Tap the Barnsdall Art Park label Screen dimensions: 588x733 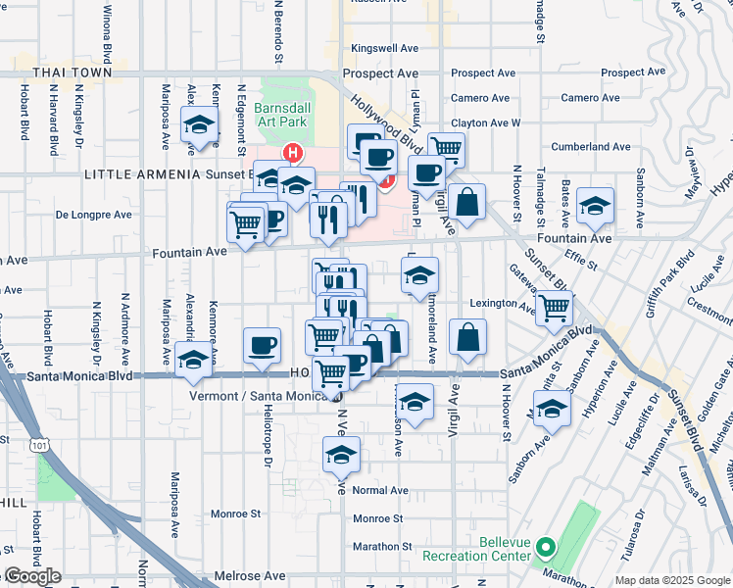[x=280, y=114]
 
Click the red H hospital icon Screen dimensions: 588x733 [x=291, y=153]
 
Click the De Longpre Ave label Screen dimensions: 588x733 [x=93, y=214]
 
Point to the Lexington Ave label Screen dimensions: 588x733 [x=506, y=304]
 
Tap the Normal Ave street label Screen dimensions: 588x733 [x=379, y=490]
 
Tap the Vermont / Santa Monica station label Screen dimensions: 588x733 [x=264, y=395]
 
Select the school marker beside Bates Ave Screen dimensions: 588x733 [x=595, y=207]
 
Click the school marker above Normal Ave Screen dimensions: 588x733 [x=341, y=456]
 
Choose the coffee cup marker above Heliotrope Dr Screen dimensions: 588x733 [x=262, y=346]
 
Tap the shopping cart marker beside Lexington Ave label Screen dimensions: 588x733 [x=555, y=308]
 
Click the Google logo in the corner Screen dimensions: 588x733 [x=32, y=576]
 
